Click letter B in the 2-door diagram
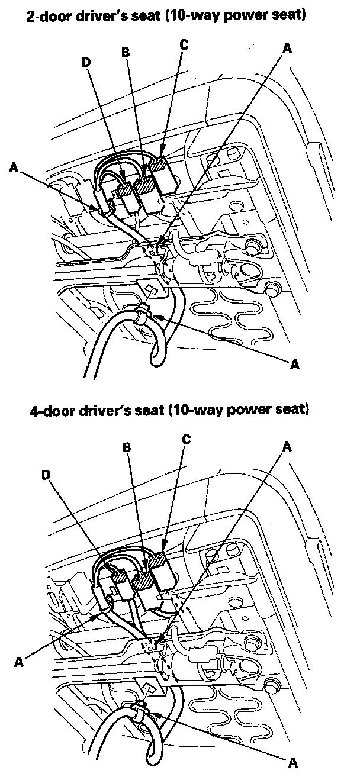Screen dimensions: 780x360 point(125,53)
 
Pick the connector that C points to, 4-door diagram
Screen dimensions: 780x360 point(163,572)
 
